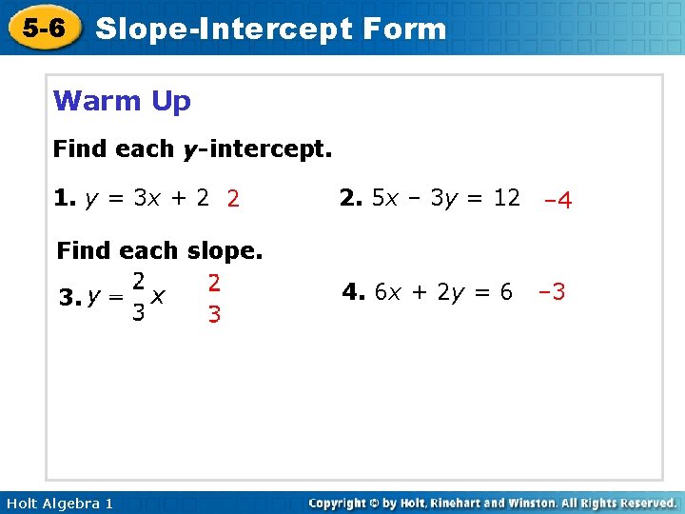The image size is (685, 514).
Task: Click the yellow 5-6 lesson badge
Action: click(x=45, y=29)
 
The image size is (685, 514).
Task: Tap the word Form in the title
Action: click(x=403, y=29)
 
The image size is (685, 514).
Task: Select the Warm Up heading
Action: click(x=122, y=101)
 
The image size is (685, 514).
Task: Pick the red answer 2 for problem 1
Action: click(x=233, y=199)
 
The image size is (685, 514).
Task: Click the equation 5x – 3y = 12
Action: click(x=446, y=198)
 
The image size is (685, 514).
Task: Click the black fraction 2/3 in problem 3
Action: click(x=138, y=297)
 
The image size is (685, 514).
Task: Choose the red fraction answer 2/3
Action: click(x=214, y=298)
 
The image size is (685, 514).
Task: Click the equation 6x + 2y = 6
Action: click(x=444, y=292)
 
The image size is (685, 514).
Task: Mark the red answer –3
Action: click(x=552, y=291)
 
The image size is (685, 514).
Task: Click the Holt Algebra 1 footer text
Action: click(x=59, y=503)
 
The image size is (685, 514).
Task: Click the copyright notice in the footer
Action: click(x=493, y=503)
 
